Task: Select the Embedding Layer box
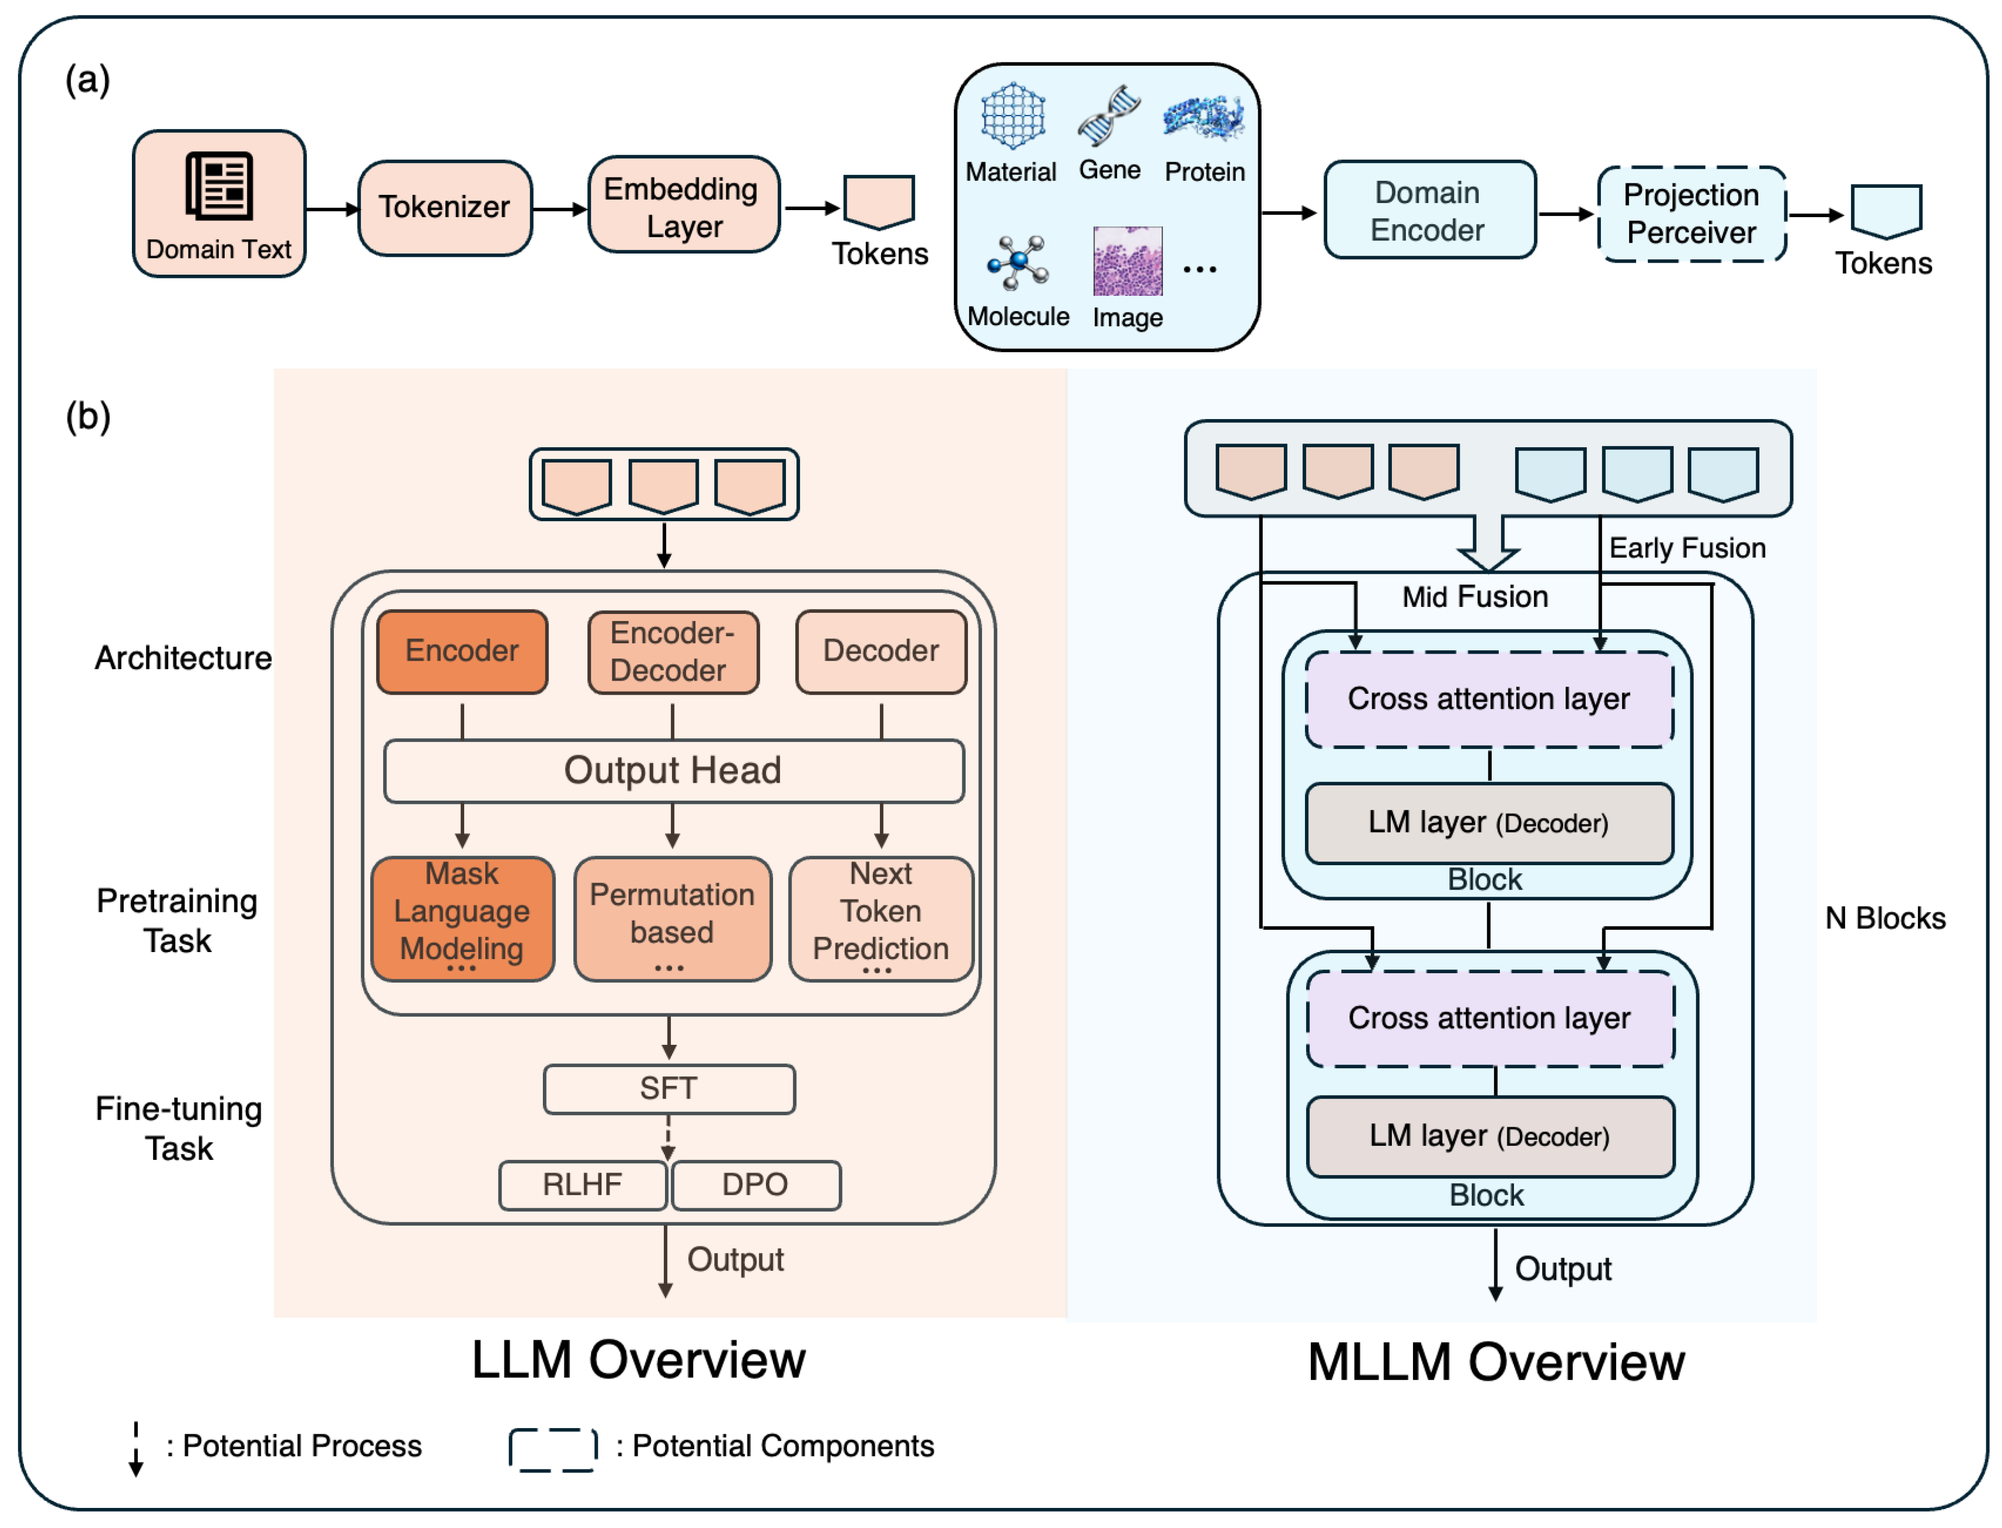point(682,206)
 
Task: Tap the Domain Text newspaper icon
point(219,186)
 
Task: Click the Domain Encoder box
point(1428,211)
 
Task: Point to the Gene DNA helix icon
point(1109,116)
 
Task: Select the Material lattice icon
point(1012,116)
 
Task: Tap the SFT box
point(669,1089)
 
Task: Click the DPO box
point(755,1184)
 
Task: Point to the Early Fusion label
point(1687,548)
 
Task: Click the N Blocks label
point(1885,918)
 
